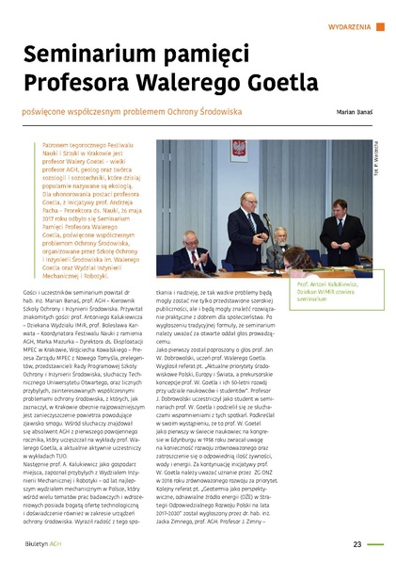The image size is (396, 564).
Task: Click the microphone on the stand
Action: [x=264, y=222]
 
